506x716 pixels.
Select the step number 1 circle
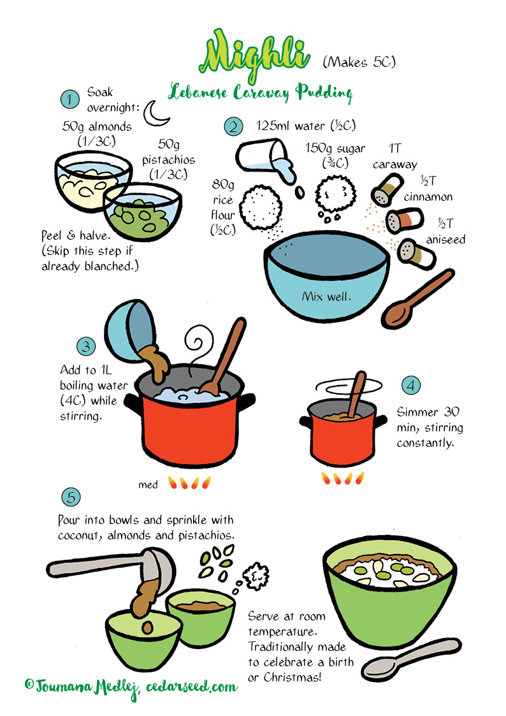tap(70, 99)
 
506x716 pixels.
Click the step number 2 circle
tap(233, 126)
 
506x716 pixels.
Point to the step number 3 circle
tap(86, 347)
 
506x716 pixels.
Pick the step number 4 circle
tap(410, 385)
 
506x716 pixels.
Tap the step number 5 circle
tap(71, 497)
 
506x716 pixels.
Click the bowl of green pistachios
tap(142, 212)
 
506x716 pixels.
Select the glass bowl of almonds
tap(91, 180)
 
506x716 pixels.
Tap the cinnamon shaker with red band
tap(405, 221)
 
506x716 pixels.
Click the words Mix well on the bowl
tap(327, 296)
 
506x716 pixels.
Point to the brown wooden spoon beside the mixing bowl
tap(417, 299)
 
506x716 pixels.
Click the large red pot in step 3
tap(189, 416)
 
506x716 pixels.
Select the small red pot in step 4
tap(343, 432)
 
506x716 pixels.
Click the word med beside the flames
tap(148, 485)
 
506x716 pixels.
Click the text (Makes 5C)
tap(359, 62)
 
